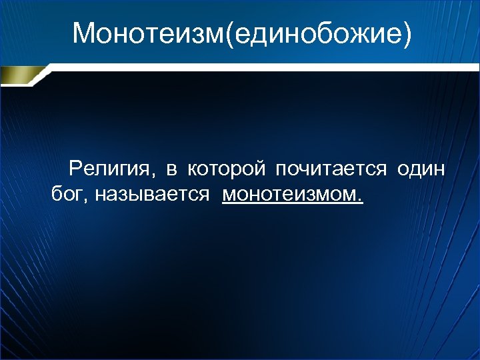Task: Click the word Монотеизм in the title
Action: (149, 33)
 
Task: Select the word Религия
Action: (111, 171)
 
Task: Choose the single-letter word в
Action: (171, 172)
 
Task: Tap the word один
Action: (421, 171)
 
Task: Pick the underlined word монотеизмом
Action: (291, 195)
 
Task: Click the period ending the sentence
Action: (361, 199)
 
